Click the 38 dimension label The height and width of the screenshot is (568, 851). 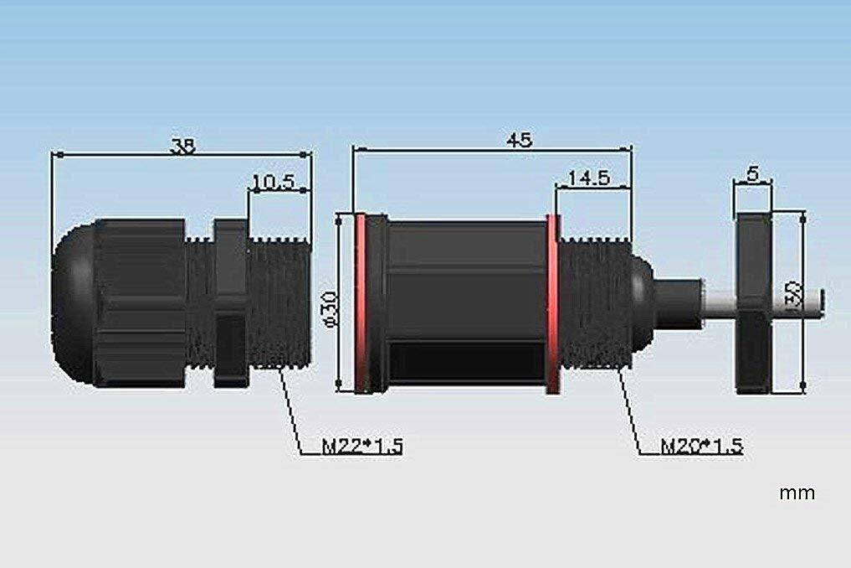(182, 146)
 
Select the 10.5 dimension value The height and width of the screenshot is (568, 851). (273, 182)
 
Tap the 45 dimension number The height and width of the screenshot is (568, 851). (519, 140)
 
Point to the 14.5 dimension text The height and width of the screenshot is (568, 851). (587, 178)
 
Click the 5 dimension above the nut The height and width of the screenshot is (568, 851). (752, 174)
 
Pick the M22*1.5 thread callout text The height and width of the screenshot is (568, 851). (362, 447)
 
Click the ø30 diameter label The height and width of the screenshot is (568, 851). (328, 311)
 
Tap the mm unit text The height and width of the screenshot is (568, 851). (796, 493)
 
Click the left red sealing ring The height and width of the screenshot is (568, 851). (361, 303)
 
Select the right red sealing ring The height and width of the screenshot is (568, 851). (552, 303)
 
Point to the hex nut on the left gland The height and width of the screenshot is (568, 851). (231, 303)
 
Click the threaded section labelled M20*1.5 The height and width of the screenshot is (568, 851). (594, 303)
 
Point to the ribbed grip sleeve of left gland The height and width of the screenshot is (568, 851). (138, 303)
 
